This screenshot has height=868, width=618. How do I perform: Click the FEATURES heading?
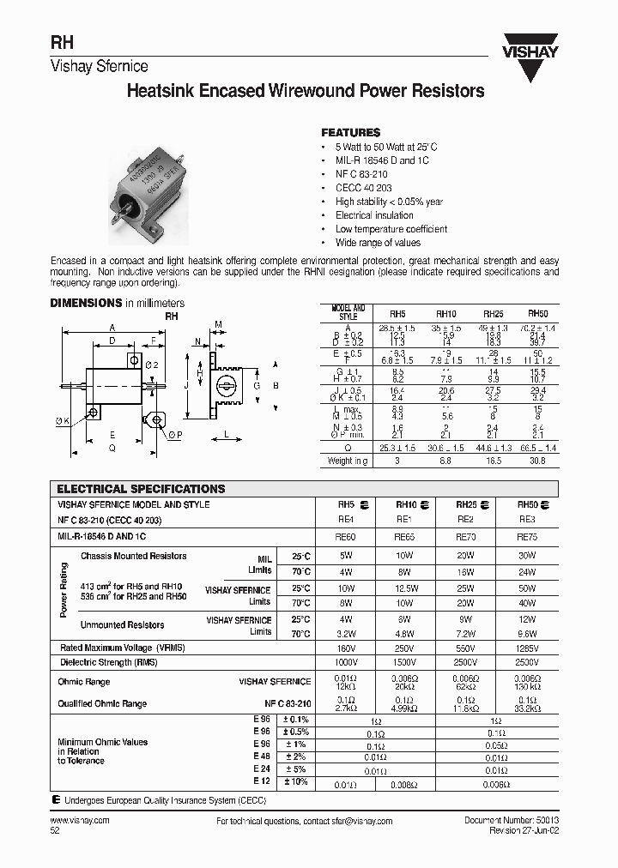pos(350,133)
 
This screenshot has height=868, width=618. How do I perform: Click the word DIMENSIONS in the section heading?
pos(86,303)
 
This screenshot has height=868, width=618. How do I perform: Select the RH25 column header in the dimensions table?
pos(494,315)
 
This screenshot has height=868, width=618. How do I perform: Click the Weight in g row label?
pos(348,461)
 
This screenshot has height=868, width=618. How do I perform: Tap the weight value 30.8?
pos(537,461)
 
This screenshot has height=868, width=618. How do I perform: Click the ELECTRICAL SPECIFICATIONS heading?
pos(141,489)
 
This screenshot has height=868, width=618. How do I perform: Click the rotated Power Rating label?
pos(64,590)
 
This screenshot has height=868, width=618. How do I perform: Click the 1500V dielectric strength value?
pos(405,661)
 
